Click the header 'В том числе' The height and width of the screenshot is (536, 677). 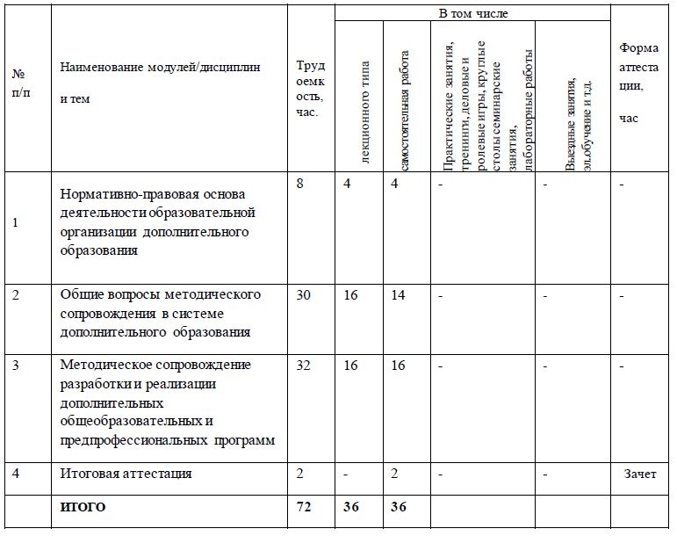pos(472,13)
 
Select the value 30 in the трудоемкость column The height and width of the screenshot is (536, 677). pos(304,294)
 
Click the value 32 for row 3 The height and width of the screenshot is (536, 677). pos(304,365)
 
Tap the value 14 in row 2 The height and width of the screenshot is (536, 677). pos(398,294)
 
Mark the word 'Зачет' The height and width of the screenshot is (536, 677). pos(639,474)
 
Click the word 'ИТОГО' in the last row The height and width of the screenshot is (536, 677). pos(83,507)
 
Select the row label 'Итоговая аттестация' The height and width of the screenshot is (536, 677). pos(126,474)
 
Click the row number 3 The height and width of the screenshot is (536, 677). pos(17,365)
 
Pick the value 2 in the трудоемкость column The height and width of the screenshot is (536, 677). pos(300,474)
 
